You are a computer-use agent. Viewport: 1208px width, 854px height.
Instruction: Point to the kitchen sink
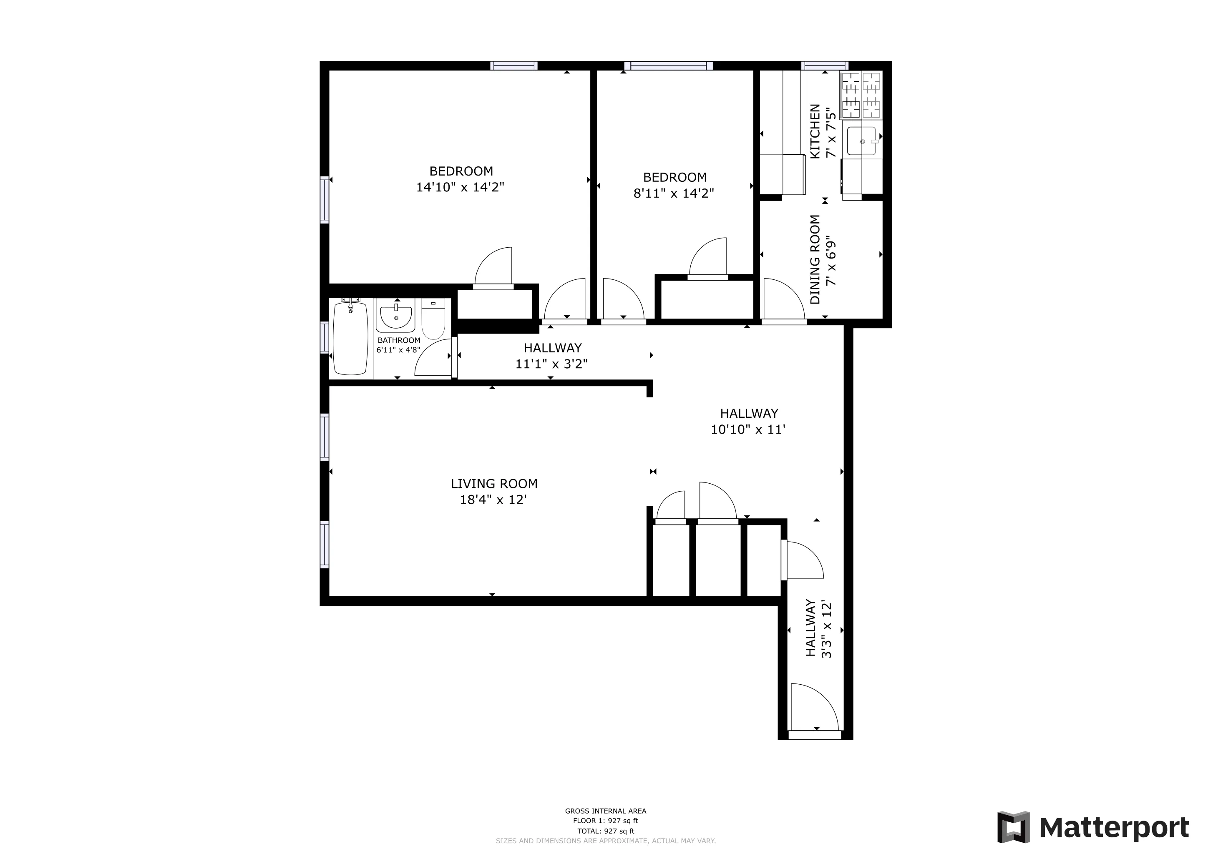(861, 141)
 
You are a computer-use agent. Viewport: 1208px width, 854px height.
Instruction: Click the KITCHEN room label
(815, 131)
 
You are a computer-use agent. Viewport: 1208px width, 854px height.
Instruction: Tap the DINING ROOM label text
(815, 259)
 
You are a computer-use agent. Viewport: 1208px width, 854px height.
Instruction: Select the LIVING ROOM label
(494, 484)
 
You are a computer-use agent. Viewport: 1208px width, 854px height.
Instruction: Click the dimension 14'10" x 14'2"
(461, 187)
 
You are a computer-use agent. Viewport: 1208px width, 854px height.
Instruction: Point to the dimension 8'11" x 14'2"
(674, 193)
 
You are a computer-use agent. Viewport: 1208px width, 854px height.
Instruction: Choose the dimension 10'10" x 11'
(748, 430)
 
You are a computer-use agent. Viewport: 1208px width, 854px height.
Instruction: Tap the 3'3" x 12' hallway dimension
(827, 628)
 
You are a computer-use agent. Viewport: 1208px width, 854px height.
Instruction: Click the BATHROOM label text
(399, 340)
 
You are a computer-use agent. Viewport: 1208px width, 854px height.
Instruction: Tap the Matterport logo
(1093, 827)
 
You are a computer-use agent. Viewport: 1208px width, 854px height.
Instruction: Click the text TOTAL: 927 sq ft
(606, 831)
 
